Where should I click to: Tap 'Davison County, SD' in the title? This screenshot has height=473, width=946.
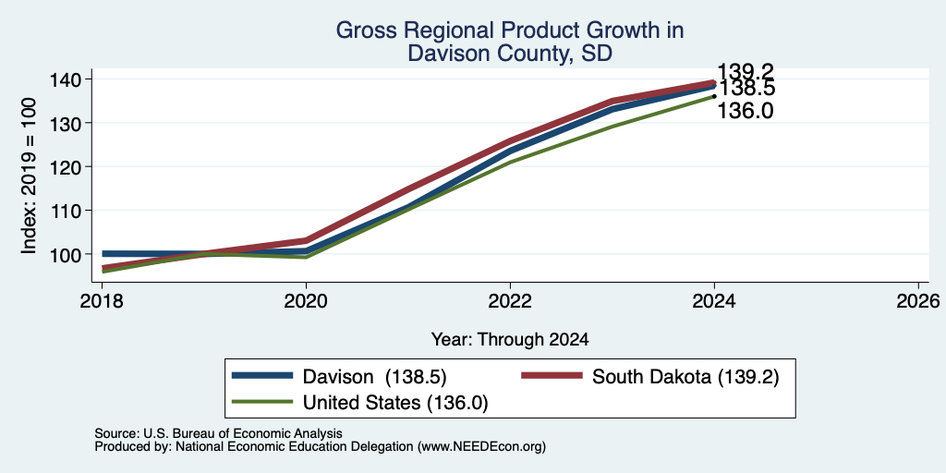pyautogui.click(x=510, y=53)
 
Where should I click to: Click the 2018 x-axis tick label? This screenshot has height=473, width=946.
pyautogui.click(x=102, y=300)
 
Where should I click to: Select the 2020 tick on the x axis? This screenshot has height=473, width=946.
pyautogui.click(x=306, y=300)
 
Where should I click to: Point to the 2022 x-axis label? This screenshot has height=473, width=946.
pyautogui.click(x=510, y=300)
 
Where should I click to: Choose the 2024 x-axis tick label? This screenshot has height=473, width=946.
pyautogui.click(x=714, y=300)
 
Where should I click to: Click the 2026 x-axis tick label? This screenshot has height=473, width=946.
pyautogui.click(x=919, y=300)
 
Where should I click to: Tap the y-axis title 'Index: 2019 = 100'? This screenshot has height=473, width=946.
pyautogui.click(x=29, y=176)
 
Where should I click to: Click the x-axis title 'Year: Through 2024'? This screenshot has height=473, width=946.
pyautogui.click(x=510, y=340)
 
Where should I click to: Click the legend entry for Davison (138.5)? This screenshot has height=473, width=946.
pyautogui.click(x=339, y=377)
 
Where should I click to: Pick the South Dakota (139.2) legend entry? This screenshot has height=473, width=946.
pyautogui.click(x=650, y=377)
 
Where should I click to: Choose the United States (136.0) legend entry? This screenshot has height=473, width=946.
pyautogui.click(x=360, y=403)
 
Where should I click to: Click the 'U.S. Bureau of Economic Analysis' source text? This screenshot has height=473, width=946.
pyautogui.click(x=243, y=433)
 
